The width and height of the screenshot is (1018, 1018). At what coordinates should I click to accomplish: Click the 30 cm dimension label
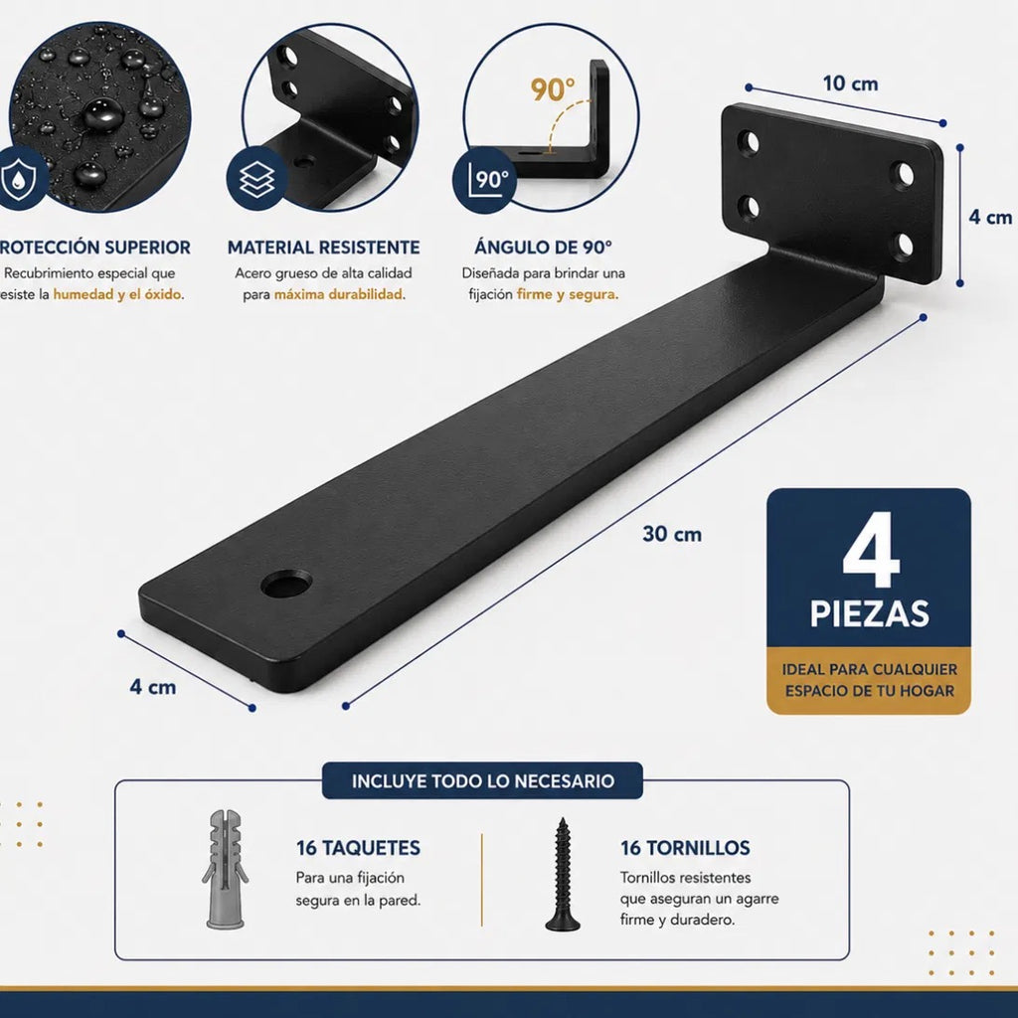pos(672,534)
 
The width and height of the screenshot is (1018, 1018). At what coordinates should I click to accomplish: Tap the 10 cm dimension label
pos(851,84)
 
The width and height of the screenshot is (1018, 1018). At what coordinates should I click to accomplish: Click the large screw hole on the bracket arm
pos(286,585)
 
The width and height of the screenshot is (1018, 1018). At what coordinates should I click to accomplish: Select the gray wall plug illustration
pos(225,869)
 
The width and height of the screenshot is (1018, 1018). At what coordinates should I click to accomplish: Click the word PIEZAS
pos(869,613)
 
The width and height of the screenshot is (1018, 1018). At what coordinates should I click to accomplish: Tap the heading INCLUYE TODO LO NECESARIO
pos(482,780)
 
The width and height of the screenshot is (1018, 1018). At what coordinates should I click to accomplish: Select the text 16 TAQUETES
pos(358,848)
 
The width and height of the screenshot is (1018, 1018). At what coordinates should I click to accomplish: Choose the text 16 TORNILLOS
pos(685,848)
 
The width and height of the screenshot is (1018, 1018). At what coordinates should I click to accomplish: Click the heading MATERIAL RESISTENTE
pos(323,248)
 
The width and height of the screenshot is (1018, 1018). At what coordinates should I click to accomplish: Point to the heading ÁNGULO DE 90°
pos(543,247)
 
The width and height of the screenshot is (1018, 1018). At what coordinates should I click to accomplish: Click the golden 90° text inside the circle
pos(553,90)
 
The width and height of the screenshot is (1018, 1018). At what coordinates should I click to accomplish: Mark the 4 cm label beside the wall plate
pos(990,217)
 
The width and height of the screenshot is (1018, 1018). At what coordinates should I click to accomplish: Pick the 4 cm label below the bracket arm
pos(152,687)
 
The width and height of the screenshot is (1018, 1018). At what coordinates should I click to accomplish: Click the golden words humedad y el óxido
pos(117,294)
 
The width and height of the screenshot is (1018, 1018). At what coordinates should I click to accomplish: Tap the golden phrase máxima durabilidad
pos(338,294)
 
